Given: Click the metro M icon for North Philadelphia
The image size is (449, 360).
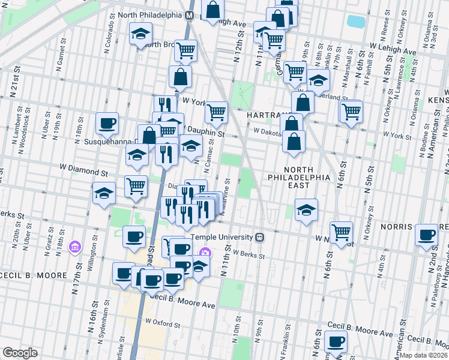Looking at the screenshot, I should tap(189, 14).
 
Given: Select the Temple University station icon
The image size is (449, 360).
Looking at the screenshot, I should tap(259, 236).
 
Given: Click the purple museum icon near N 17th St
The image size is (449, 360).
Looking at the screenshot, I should tap(74, 247).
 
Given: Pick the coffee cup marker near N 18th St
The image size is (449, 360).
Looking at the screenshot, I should tap(107, 123).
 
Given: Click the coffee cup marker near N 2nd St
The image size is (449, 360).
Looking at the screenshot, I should tap(427, 234).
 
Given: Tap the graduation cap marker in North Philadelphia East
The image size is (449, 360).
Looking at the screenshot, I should tap(306, 209).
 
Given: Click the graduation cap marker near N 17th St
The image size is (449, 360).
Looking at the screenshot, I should tap(104, 194).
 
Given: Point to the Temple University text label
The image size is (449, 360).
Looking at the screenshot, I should tap(223, 236).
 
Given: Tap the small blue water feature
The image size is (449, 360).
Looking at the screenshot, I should tap(356, 22).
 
